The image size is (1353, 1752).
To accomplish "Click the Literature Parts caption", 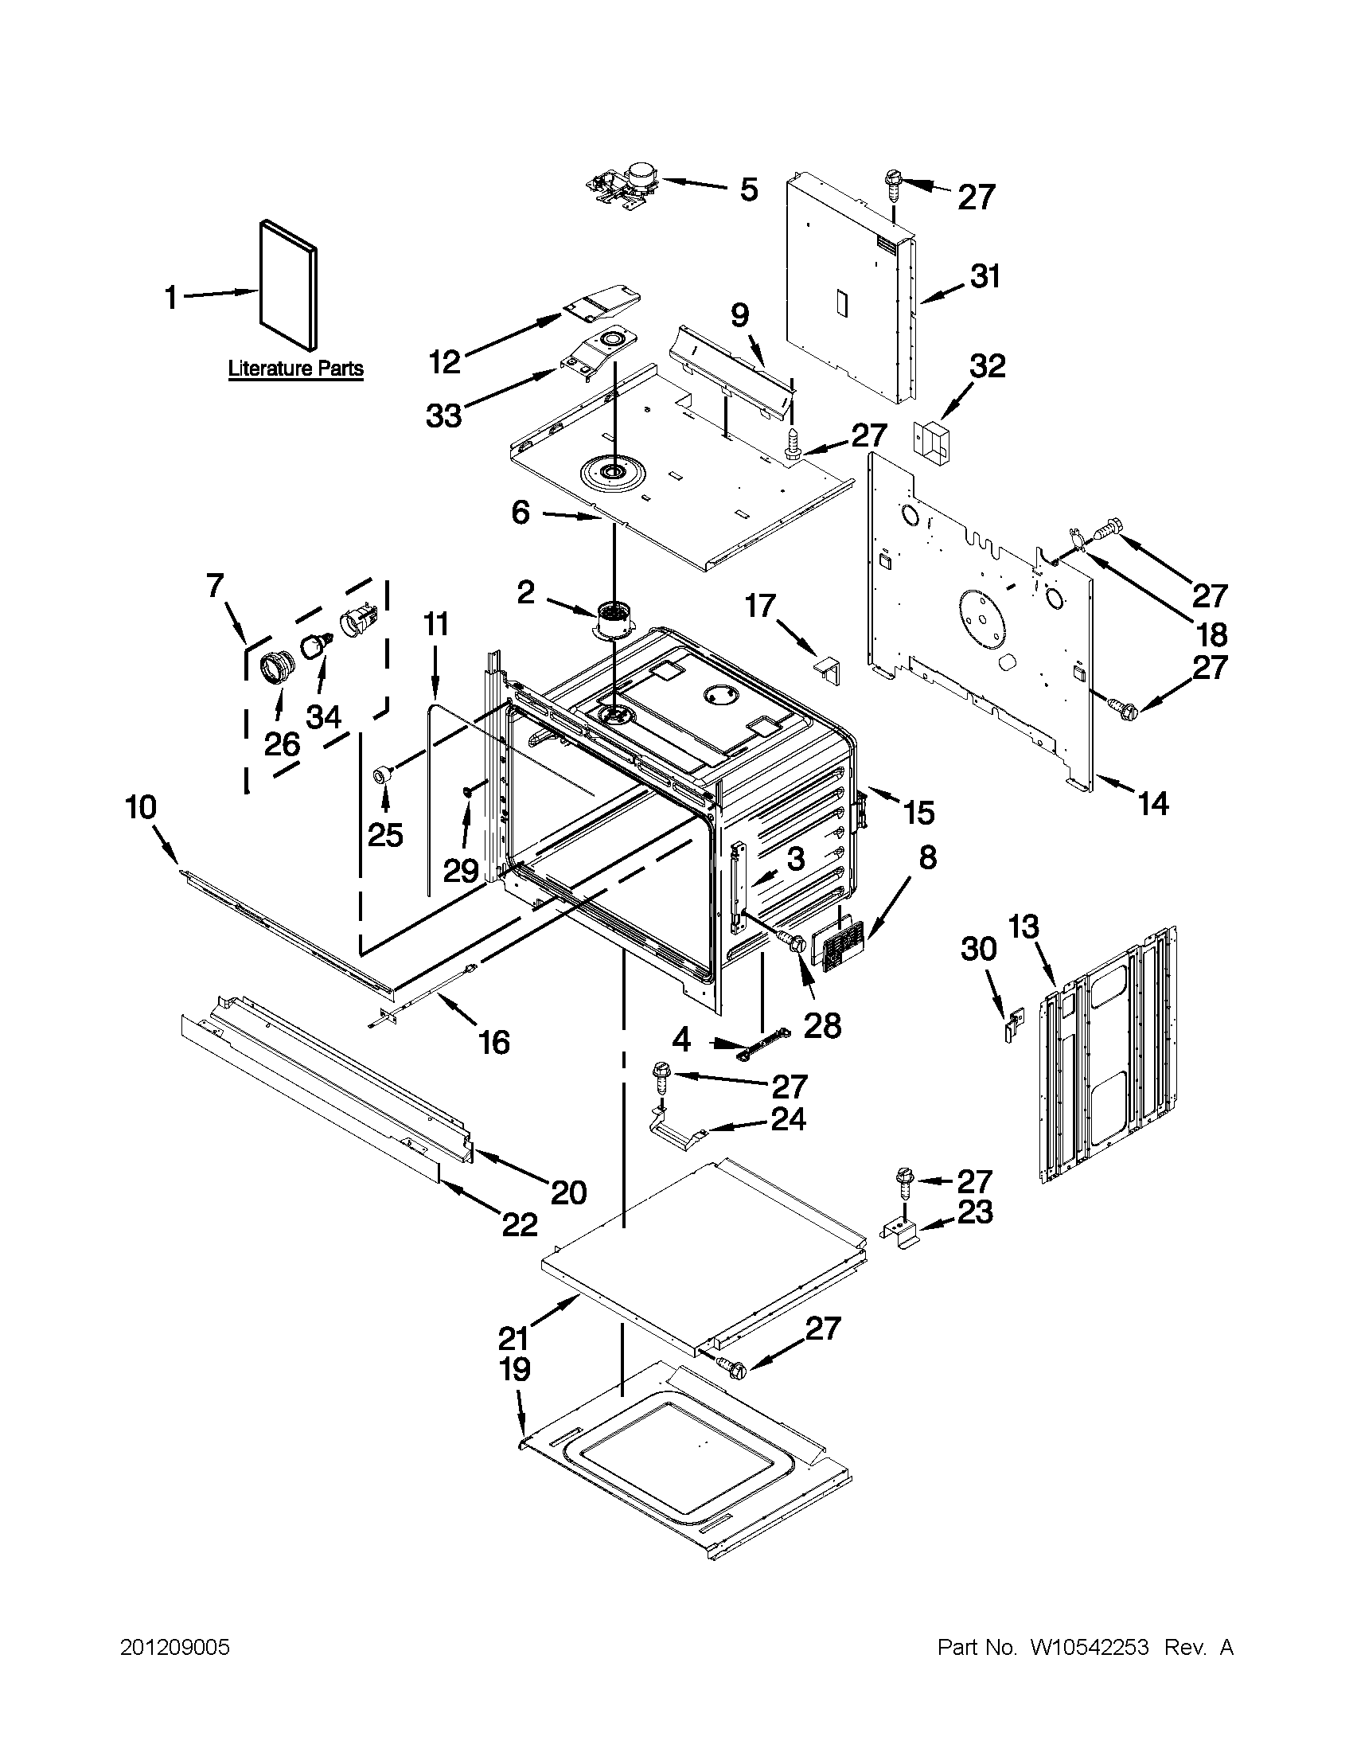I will [296, 369].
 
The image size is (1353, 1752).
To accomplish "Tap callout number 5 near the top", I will [747, 190].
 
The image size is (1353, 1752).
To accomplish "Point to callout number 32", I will [987, 366].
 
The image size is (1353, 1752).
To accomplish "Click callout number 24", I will [787, 1118].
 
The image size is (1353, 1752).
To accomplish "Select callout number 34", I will [323, 716].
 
